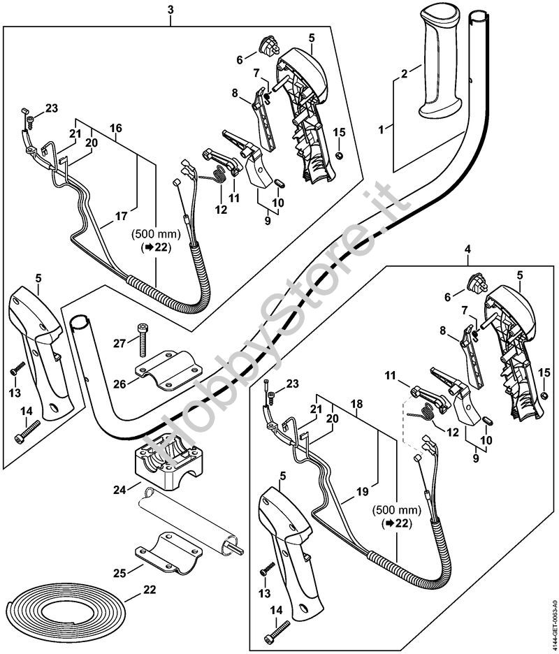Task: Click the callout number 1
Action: (x=382, y=129)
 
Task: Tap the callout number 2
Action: (x=404, y=73)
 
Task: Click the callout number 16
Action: (x=116, y=128)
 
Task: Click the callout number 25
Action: (x=119, y=573)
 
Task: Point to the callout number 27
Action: (x=119, y=342)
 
